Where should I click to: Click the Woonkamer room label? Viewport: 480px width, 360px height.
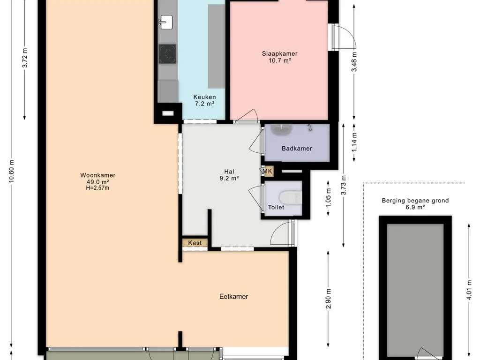click(x=97, y=175)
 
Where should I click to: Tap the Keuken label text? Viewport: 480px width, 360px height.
click(x=204, y=97)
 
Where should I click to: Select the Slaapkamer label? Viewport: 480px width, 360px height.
click(x=279, y=53)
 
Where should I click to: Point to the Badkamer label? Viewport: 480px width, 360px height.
click(x=297, y=149)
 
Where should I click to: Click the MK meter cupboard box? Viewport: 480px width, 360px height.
click(x=267, y=172)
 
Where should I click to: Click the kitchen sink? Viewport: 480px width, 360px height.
click(x=165, y=22)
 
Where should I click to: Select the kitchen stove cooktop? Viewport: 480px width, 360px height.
click(x=167, y=54)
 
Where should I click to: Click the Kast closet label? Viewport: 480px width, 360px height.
click(x=195, y=243)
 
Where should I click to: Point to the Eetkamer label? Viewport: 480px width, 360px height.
click(x=233, y=296)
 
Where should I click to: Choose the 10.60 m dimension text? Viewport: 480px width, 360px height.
click(x=12, y=172)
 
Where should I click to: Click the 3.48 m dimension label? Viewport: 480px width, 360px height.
click(x=354, y=62)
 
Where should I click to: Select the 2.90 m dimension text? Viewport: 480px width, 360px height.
click(x=329, y=299)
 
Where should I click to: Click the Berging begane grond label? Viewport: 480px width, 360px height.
click(x=415, y=201)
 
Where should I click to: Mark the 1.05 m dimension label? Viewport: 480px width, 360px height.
click(x=329, y=197)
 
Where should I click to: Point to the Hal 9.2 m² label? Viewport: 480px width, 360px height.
click(x=229, y=175)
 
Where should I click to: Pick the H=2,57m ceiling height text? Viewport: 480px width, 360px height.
click(x=97, y=188)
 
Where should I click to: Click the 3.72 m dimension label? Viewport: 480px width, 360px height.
click(x=25, y=58)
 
